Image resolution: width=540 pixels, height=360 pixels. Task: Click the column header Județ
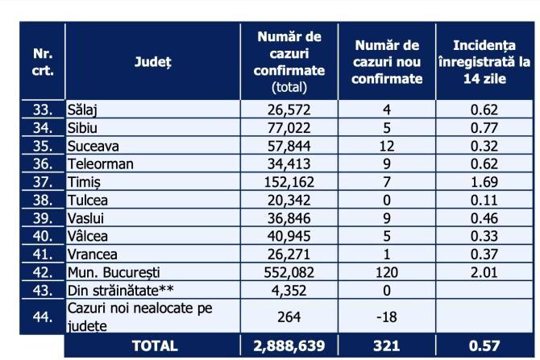152,61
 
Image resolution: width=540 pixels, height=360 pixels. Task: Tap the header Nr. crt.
44,61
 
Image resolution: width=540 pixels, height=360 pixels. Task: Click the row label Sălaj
84,109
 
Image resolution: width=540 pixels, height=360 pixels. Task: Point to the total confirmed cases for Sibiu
289,127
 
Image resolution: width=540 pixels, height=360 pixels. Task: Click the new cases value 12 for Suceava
388,146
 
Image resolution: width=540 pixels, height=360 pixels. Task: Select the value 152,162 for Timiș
289,183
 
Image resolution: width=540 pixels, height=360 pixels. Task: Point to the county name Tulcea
87,201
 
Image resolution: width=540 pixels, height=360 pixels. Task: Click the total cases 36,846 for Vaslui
289,218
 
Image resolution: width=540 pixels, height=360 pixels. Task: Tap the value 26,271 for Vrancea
289,254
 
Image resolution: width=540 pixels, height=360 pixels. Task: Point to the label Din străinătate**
118,291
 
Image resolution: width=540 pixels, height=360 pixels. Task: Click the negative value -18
388,316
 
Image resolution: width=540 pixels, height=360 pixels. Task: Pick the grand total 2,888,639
289,346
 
